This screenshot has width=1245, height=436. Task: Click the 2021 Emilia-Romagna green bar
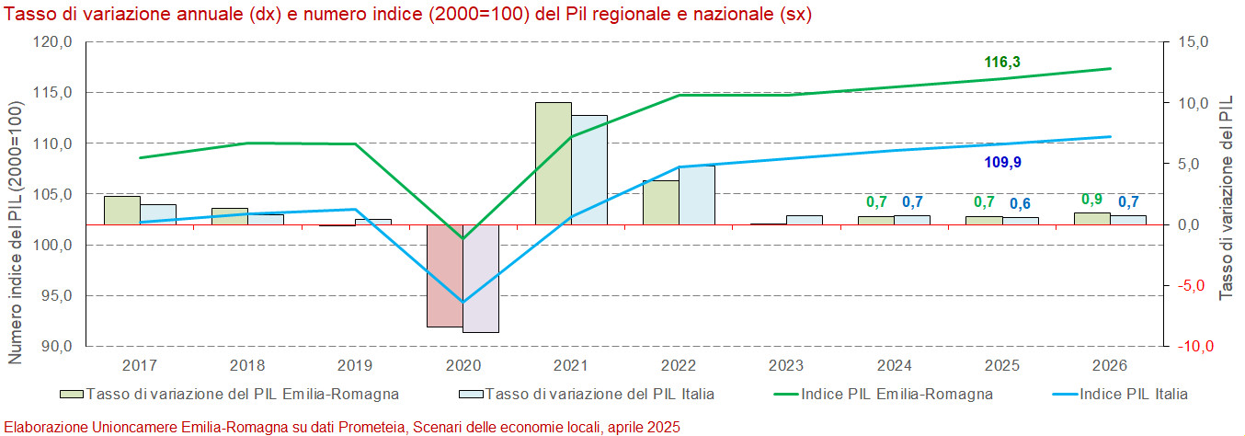(553, 163)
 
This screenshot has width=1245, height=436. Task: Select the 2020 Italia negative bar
(481, 278)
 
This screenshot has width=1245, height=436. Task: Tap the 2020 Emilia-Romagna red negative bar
(445, 275)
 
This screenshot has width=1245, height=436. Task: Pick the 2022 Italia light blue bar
(697, 195)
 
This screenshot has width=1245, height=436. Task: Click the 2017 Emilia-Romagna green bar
(121, 210)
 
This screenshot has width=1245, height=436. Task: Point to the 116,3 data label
(1002, 63)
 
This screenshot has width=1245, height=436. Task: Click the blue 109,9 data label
(1002, 163)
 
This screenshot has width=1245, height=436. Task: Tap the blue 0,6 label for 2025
(1021, 203)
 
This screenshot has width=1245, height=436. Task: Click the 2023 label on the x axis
(786, 365)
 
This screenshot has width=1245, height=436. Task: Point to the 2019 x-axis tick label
(355, 365)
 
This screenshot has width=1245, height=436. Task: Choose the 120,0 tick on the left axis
(53, 42)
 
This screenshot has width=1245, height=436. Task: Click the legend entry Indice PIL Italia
(1132, 395)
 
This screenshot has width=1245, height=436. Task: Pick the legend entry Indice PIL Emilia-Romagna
(897, 395)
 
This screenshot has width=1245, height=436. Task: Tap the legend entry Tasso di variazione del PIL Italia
(599, 395)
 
